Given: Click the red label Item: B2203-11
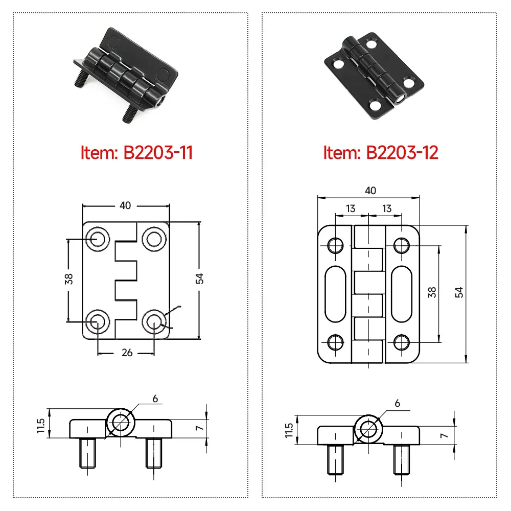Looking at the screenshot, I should pos(136,152).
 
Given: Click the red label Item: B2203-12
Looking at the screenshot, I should pos(381,152).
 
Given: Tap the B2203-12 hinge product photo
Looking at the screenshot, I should pos(375,72).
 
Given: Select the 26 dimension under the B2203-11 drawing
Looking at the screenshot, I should pos(127,353).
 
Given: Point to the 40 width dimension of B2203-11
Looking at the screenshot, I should pos(125,205).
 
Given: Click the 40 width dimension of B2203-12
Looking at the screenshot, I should pos(370,191).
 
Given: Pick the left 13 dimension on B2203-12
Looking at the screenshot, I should pos(351,208).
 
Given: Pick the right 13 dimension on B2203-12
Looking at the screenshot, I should pos(386,208).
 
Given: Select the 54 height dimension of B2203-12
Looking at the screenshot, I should pos(459,292).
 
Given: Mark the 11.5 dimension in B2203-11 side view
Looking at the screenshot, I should pos(41,424).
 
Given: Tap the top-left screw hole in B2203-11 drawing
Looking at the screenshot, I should pos(97,238).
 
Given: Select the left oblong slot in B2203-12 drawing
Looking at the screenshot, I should pos(335,294).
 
